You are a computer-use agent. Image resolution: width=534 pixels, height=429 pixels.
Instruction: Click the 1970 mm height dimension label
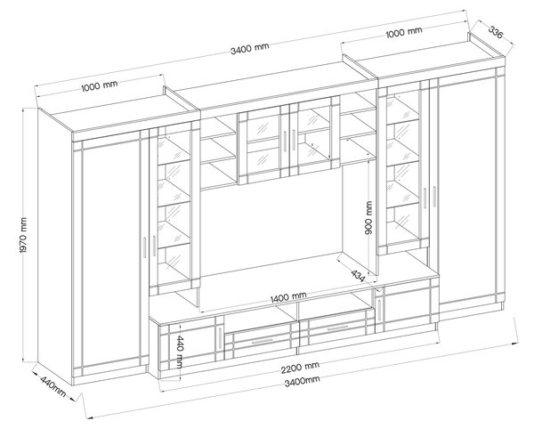pyautogui.click(x=23, y=235)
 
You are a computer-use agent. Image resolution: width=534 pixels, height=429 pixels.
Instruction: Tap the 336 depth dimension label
pyautogui.click(x=496, y=32)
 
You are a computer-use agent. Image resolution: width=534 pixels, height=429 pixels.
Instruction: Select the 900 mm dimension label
pyautogui.click(x=368, y=217)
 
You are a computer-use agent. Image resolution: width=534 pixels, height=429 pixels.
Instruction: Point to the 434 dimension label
pyautogui.click(x=358, y=276)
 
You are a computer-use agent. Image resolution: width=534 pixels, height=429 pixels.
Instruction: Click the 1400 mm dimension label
pyautogui.click(x=288, y=297)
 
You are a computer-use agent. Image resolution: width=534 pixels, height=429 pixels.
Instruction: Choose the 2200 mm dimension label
pyautogui.click(x=300, y=367)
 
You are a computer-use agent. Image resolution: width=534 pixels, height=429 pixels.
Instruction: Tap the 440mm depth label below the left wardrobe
pyautogui.click(x=53, y=386)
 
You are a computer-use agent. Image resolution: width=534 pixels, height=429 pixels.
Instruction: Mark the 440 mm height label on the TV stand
pyautogui.click(x=179, y=352)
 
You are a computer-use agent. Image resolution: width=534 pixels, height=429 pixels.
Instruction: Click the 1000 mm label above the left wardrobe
pyautogui.click(x=100, y=85)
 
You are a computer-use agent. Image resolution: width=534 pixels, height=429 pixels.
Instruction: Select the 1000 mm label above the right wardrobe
pyautogui.click(x=404, y=32)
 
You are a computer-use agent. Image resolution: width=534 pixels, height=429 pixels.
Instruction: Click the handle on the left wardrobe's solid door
pyautogui.click(x=144, y=247)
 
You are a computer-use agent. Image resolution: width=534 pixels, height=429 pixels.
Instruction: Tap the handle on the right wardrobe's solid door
pyautogui.click(x=434, y=196)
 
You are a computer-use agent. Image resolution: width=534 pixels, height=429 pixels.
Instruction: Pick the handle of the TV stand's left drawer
pyautogui.click(x=262, y=341)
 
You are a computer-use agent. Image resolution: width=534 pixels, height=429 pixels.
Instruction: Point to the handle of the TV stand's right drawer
pyautogui.click(x=336, y=328)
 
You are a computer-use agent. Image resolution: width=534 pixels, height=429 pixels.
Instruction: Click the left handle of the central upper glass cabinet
pyautogui.click(x=283, y=140)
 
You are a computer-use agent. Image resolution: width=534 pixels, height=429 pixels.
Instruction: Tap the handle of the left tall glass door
pyautogui.click(x=154, y=246)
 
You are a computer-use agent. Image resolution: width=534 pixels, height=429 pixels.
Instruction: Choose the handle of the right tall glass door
pyautogui.click(x=425, y=198)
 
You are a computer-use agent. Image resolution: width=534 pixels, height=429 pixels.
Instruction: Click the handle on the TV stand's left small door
pyautogui.click(x=219, y=339)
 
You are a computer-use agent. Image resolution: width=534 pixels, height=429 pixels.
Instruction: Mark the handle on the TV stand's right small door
pyautogui.click(x=379, y=310)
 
